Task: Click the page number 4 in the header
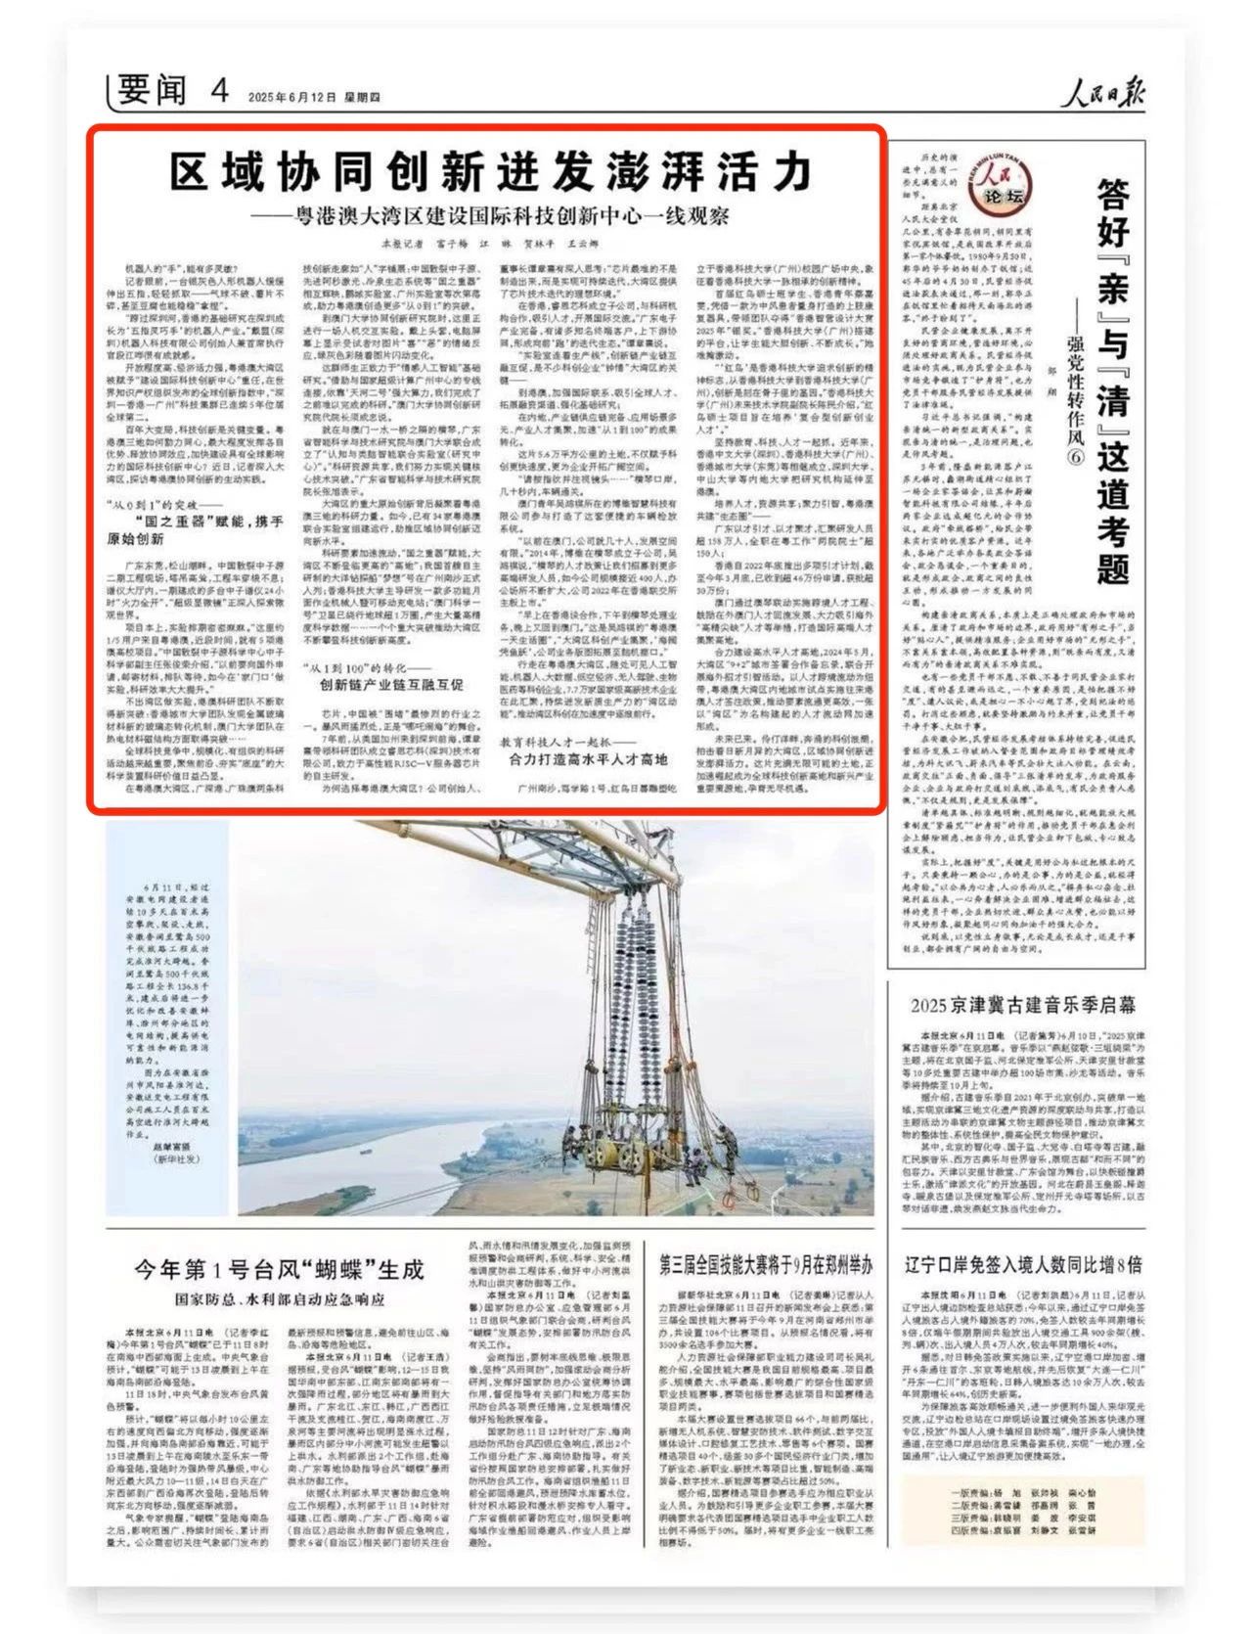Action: point(218,91)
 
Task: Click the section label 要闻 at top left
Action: point(152,91)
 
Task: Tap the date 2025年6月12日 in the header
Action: point(292,98)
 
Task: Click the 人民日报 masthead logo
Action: point(1104,94)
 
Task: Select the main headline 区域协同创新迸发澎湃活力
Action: point(490,172)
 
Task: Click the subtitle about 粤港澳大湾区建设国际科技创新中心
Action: point(488,215)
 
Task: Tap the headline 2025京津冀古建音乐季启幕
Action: point(1023,1005)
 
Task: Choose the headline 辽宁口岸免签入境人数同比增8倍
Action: point(1023,1264)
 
